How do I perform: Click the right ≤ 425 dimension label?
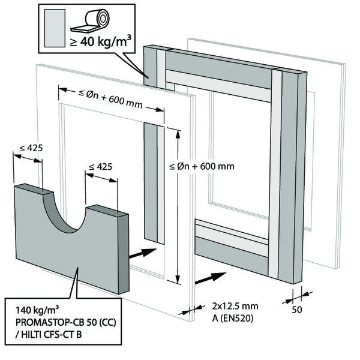click(x=100, y=166)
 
